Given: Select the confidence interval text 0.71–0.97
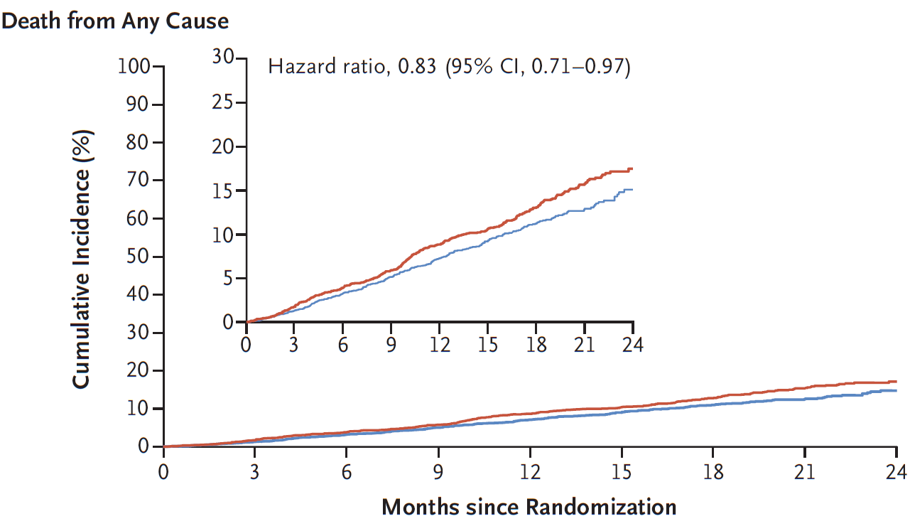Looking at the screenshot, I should (581, 67).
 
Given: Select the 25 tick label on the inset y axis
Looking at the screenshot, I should (223, 102).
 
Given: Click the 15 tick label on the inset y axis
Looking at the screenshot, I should (223, 190).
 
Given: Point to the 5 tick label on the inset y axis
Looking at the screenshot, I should (228, 279).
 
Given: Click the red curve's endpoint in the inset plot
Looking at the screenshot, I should (632, 169).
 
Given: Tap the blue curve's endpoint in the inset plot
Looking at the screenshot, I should (632, 189).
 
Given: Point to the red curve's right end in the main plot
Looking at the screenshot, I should (895, 382).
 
